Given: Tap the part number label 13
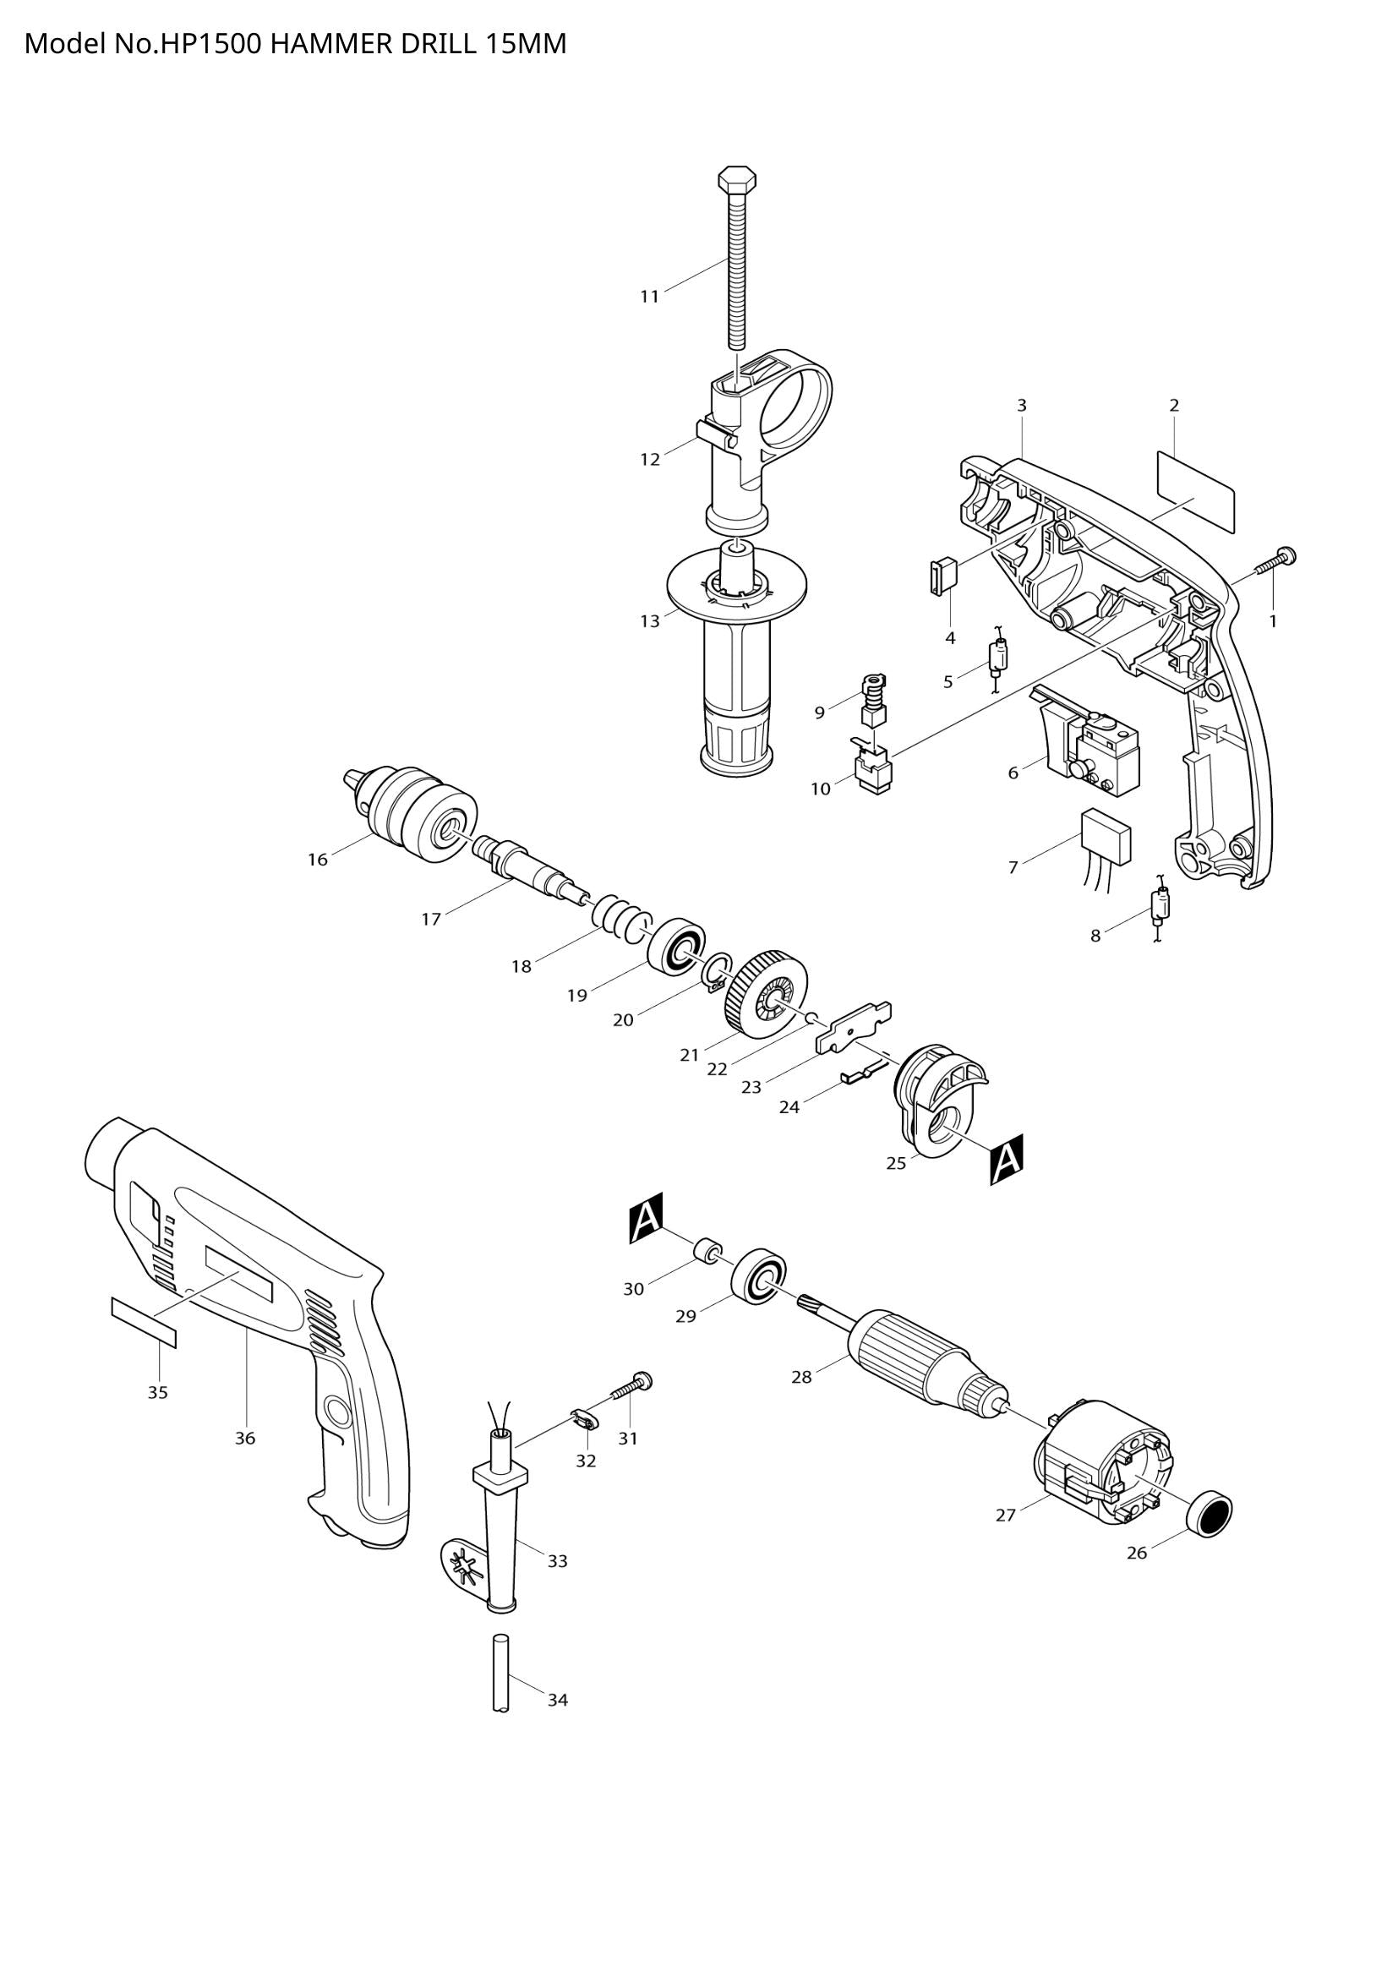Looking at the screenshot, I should (650, 621).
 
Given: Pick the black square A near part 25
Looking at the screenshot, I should (1007, 1160).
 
